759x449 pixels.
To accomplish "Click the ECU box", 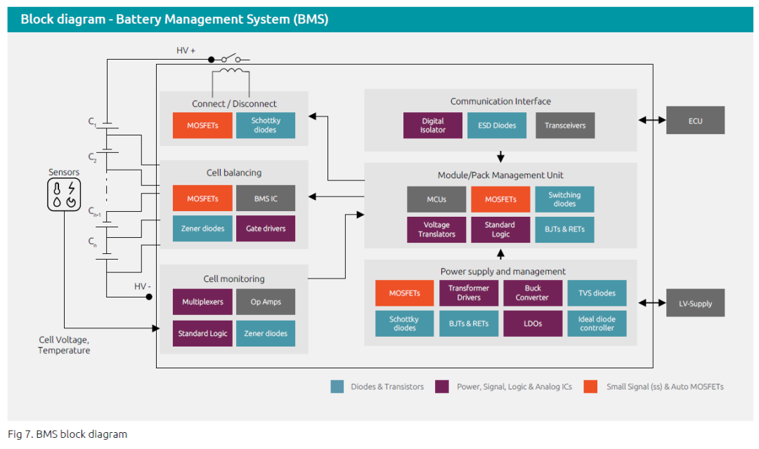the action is pyautogui.click(x=695, y=121).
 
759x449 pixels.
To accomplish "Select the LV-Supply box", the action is pyautogui.click(x=695, y=303).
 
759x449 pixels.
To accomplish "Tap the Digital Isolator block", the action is pyautogui.click(x=433, y=125).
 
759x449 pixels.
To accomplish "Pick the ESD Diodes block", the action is pyautogui.click(x=497, y=125).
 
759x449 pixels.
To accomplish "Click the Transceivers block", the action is pyautogui.click(x=565, y=125).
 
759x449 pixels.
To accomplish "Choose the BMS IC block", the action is pyautogui.click(x=266, y=198).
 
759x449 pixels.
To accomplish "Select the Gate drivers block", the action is pyautogui.click(x=266, y=228).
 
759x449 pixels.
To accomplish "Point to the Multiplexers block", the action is pyautogui.click(x=202, y=302).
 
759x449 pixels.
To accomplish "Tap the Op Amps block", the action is pyautogui.click(x=266, y=302).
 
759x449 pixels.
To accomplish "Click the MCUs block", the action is pyautogui.click(x=436, y=199).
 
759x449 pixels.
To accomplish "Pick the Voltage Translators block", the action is pyautogui.click(x=436, y=229).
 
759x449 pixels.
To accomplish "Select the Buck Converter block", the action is pyautogui.click(x=533, y=293).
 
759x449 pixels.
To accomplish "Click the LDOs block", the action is pyautogui.click(x=533, y=323).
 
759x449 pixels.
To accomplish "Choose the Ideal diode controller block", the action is pyautogui.click(x=597, y=323).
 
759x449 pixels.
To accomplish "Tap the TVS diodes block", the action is pyautogui.click(x=597, y=293).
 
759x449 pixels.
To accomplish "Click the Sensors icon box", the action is pyautogui.click(x=64, y=195).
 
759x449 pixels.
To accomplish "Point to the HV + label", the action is pyautogui.click(x=186, y=51).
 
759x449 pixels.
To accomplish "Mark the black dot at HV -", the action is pyautogui.click(x=149, y=297).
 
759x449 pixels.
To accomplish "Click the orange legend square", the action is pyautogui.click(x=590, y=387).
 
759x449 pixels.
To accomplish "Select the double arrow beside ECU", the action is pyautogui.click(x=651, y=120).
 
